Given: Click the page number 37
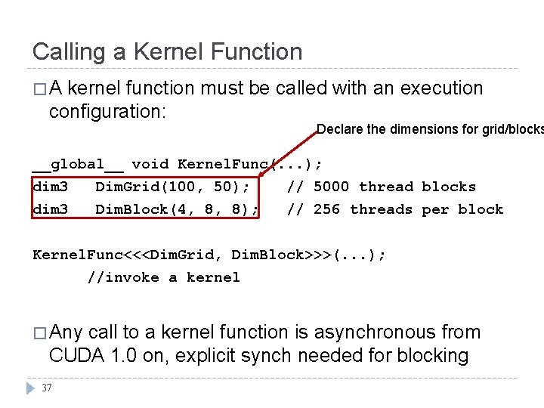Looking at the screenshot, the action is [47, 388].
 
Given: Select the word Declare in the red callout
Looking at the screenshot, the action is [340, 129].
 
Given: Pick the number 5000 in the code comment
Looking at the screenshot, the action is [331, 187].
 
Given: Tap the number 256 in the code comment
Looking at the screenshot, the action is [326, 209].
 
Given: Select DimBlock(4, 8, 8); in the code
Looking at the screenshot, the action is [178, 209].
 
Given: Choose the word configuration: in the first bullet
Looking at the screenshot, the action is [107, 112].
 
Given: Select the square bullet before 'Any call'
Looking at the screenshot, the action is [39, 333].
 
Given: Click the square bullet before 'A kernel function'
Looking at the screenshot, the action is [39, 89].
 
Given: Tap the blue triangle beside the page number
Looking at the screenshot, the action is [30, 388].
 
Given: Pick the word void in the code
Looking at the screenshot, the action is [150, 164].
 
